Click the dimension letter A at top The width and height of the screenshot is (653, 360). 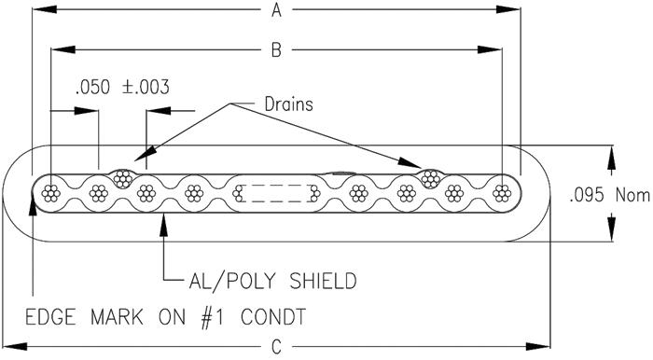tap(276, 10)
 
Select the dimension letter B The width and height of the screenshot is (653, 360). tap(276, 50)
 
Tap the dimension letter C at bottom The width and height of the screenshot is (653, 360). tap(276, 346)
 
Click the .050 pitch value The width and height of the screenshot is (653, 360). tap(93, 88)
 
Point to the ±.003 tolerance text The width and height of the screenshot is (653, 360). tap(146, 88)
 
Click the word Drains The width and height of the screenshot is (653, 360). tap(288, 104)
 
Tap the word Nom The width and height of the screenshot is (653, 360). tap(632, 195)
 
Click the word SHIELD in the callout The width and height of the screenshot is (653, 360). tap(323, 281)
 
